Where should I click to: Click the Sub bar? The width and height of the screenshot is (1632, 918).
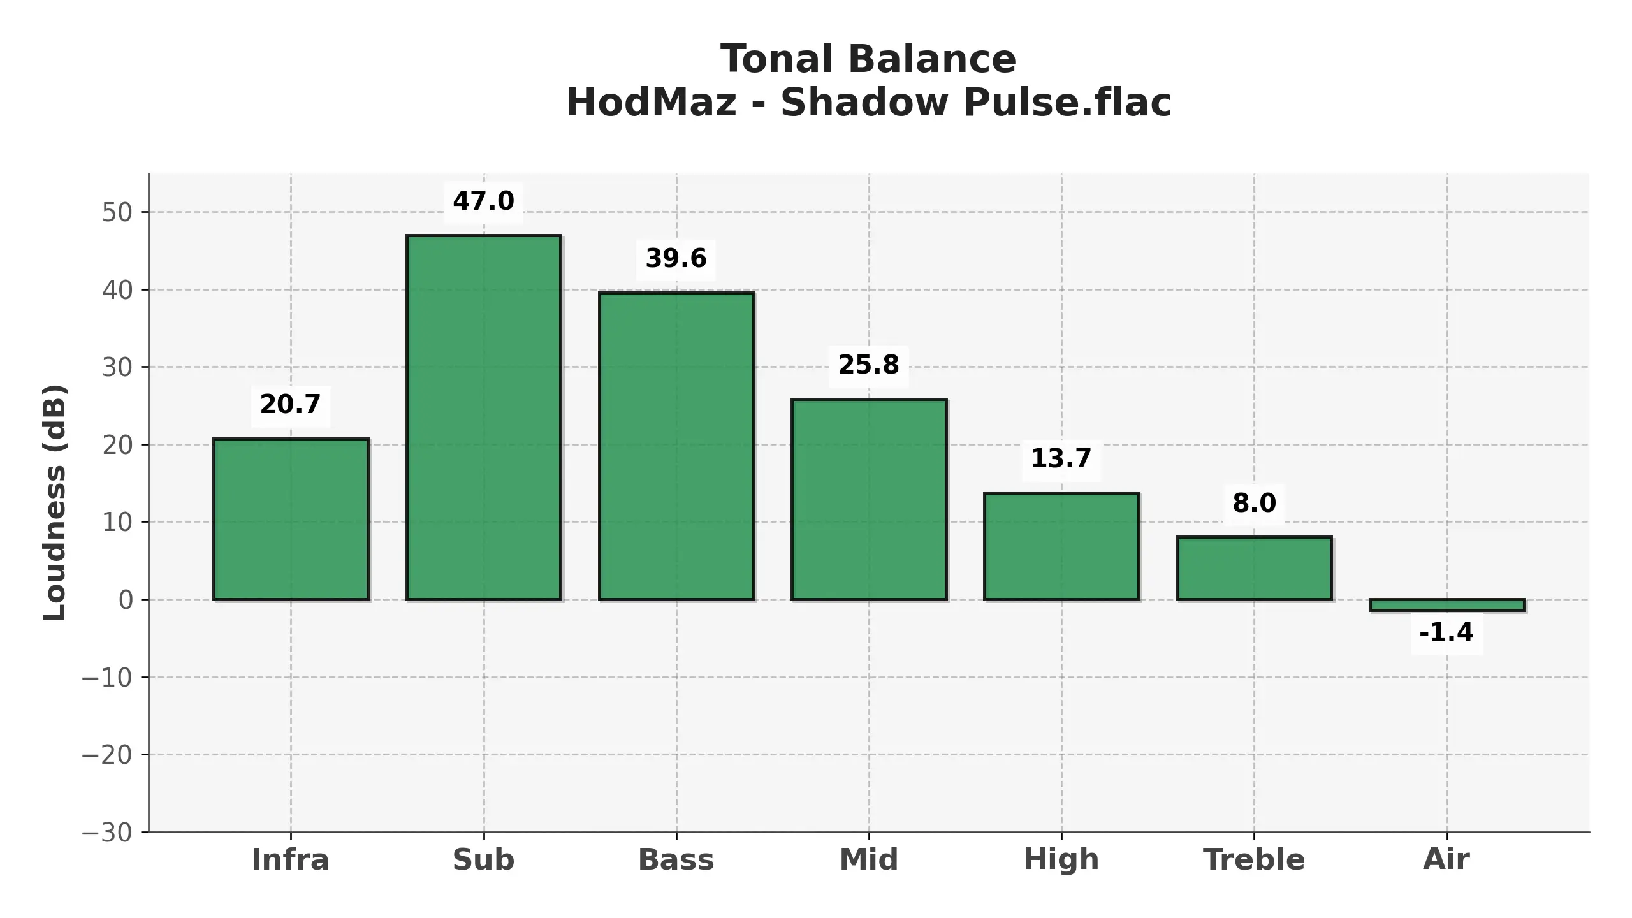484,418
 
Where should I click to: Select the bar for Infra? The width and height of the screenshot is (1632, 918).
291,519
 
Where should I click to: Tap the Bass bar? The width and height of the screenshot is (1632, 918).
676,446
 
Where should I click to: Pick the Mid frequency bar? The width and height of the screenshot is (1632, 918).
869,499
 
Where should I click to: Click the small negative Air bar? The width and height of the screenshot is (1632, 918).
1447,605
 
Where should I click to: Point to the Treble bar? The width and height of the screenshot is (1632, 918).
1254,568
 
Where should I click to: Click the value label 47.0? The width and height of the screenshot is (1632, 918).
483,201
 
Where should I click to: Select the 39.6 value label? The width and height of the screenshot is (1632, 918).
676,259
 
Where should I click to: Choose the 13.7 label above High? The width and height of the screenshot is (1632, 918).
1061,459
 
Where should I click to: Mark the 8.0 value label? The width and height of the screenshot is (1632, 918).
1254,503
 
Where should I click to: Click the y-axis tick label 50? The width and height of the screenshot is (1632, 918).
117,213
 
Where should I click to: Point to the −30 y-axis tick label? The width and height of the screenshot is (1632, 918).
107,833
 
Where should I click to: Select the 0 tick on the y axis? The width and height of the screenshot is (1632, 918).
126,600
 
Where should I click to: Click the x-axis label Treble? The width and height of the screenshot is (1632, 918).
1254,860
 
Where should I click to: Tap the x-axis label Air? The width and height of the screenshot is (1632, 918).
1446,860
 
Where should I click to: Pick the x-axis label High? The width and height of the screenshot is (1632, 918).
1061,860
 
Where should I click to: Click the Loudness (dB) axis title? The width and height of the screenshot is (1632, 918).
55,502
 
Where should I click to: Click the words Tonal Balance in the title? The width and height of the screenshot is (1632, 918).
868,59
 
